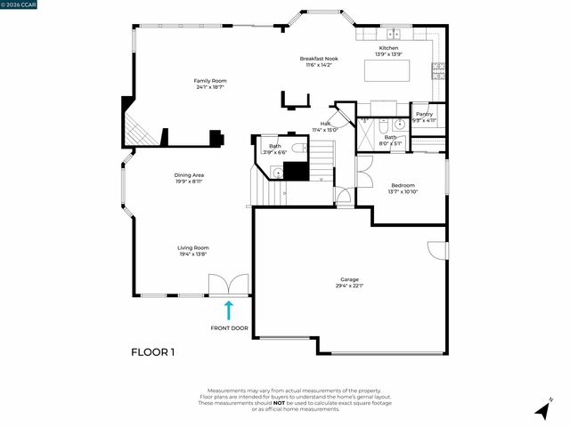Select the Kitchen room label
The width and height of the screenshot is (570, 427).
(389, 47)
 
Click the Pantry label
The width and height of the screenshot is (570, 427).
(424, 114)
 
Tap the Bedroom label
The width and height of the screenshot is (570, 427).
(403, 185)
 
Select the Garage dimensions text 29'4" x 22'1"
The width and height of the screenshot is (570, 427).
(349, 285)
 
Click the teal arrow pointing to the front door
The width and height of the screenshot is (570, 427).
(229, 310)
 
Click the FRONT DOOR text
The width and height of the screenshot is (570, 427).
(229, 328)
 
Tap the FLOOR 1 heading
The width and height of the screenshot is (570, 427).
(153, 352)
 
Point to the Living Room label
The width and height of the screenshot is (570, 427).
(193, 247)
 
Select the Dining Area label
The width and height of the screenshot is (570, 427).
(190, 174)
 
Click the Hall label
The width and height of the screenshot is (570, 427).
(326, 124)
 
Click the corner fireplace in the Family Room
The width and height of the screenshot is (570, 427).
(137, 130)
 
